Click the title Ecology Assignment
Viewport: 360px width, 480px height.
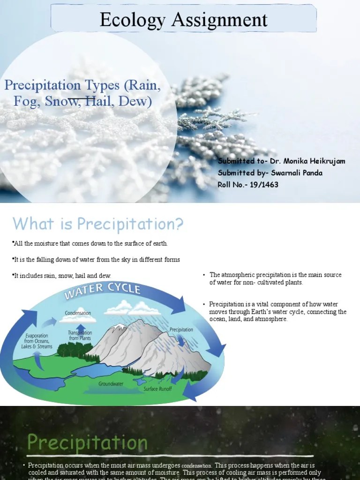click(x=183, y=20)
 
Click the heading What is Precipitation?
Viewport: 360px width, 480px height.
click(x=98, y=224)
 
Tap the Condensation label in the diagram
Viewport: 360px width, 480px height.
click(x=78, y=313)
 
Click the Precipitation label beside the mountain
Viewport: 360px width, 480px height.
click(x=181, y=330)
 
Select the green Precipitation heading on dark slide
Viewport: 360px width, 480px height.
click(x=87, y=442)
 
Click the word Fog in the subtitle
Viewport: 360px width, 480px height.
click(x=26, y=101)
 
